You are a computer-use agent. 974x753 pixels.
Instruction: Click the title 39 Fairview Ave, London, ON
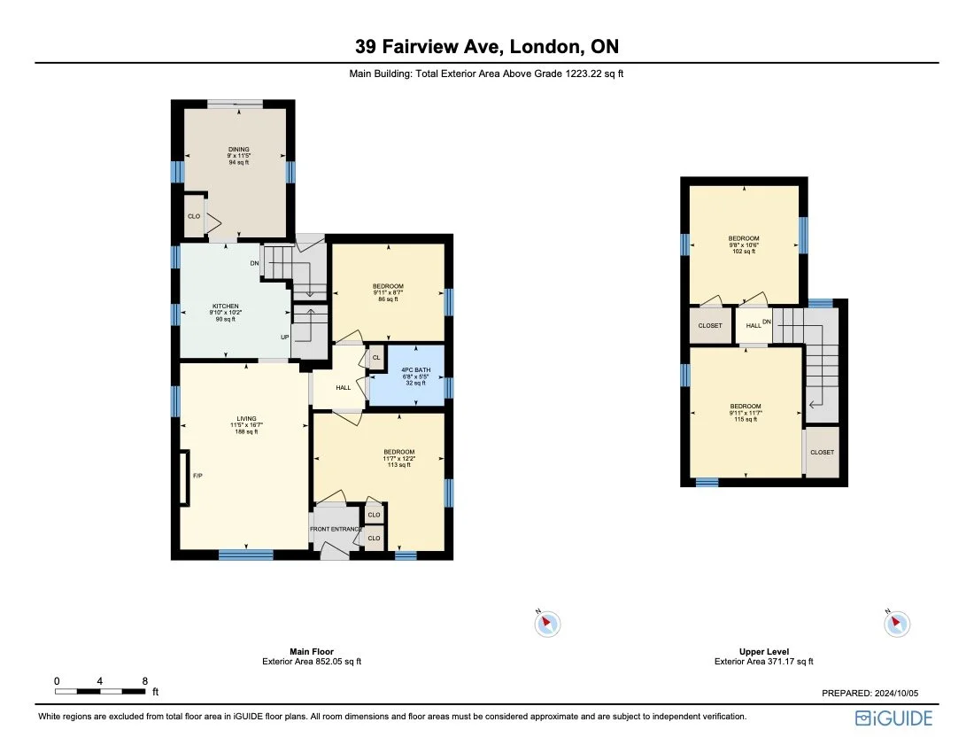point(486,46)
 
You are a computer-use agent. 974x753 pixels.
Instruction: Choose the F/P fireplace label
point(197,477)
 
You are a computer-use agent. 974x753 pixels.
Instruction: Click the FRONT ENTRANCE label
point(336,530)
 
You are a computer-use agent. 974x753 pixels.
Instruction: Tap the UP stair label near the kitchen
point(284,338)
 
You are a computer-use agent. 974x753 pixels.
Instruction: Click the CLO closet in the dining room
point(193,216)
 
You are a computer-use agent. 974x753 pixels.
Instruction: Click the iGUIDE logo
point(893,718)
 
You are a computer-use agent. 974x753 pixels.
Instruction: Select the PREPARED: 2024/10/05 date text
point(871,695)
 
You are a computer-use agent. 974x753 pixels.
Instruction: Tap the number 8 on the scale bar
point(144,681)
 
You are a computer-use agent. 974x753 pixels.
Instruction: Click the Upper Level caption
point(763,651)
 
